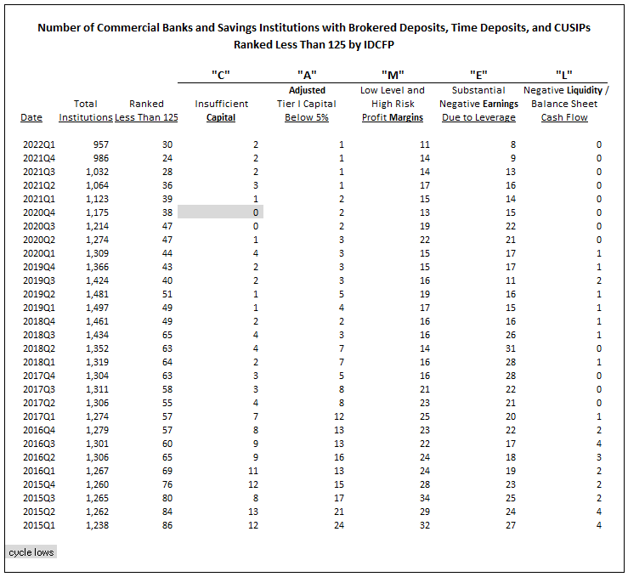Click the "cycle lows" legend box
tap(31, 552)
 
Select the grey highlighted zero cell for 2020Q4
tap(220, 212)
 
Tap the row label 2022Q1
tap(39, 144)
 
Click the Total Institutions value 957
tap(101, 144)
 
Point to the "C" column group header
tap(221, 75)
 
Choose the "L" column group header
tap(564, 75)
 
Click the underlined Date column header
tap(31, 117)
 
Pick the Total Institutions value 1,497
tap(98, 308)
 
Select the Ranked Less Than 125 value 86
tap(167, 525)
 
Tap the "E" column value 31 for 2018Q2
tap(510, 348)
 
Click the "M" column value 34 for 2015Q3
tap(425, 498)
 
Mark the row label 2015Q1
tap(39, 525)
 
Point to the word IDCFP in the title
tap(378, 44)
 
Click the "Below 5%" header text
tap(307, 117)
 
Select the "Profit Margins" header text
tap(393, 117)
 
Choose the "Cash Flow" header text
tap(564, 117)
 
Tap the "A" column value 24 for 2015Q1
tap(339, 525)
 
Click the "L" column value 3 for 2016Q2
tap(599, 457)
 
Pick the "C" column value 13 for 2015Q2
tap(253, 512)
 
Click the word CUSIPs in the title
tap(572, 28)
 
